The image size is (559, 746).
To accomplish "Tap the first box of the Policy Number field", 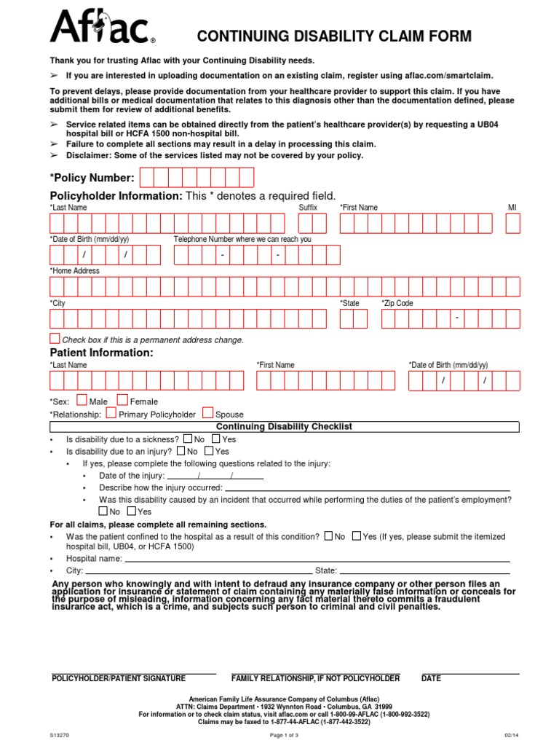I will coord(146,178).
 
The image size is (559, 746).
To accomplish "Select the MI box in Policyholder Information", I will coord(513,223).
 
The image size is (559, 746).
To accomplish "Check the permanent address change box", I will coord(55,339).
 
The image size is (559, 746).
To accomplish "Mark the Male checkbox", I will coord(82,400).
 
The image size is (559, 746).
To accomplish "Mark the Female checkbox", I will coord(122,400).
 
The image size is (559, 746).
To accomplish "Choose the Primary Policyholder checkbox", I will coord(111,412).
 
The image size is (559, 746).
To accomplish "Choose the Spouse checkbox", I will coord(208,412).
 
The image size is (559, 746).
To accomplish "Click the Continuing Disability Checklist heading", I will coord(284,426).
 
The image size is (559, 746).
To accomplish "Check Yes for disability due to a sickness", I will coord(216,439).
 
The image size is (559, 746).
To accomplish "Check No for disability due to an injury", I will coord(182,451).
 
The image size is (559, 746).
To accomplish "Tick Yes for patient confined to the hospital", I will coord(356,535).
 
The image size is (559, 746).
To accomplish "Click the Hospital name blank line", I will coord(317,558).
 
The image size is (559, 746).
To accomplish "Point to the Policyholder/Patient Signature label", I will coord(119,678).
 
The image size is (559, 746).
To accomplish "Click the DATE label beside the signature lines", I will coord(431,678).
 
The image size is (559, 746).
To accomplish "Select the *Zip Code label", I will coord(397,303).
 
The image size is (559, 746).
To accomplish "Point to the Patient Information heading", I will coord(101,353).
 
